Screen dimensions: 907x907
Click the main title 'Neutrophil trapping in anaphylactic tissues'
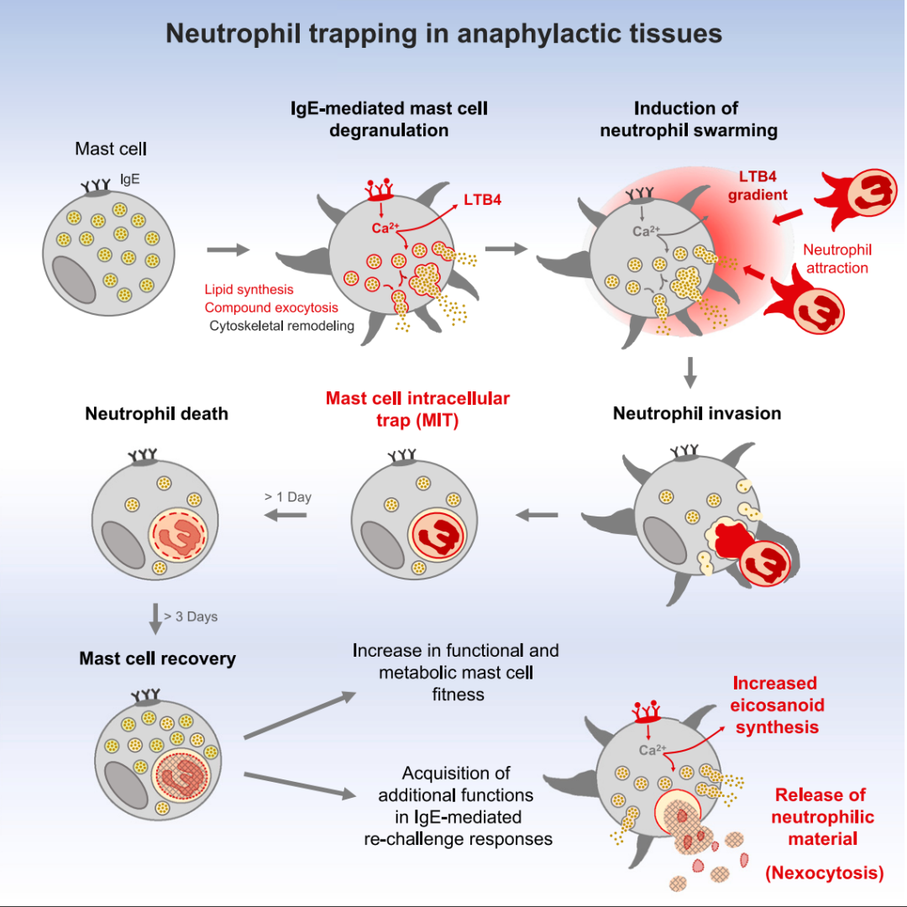coord(443,34)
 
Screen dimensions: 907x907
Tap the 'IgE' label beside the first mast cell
coord(129,180)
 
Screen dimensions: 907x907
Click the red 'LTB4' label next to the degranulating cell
coord(482,200)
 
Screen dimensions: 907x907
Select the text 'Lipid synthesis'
coord(249,289)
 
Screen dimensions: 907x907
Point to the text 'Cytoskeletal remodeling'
coord(281,326)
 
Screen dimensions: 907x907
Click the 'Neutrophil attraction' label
coord(837,259)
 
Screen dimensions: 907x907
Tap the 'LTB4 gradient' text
coord(758,185)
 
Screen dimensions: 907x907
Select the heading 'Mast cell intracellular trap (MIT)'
coord(417,409)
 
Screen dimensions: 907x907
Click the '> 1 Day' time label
coord(287,497)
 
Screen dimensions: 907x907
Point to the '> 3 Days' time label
coord(191,616)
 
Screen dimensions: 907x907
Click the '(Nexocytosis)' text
coord(825,873)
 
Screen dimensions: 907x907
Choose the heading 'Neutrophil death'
coord(157,413)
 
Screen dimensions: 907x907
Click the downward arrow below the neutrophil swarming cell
coord(689,373)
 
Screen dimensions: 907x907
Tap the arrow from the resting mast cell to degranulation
coord(228,250)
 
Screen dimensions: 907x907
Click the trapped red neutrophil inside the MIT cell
coord(437,536)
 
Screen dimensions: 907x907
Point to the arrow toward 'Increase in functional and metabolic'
coord(300,715)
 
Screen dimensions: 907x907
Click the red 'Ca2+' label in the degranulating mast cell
coord(385,228)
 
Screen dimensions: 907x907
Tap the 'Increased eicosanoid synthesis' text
coord(776,705)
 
